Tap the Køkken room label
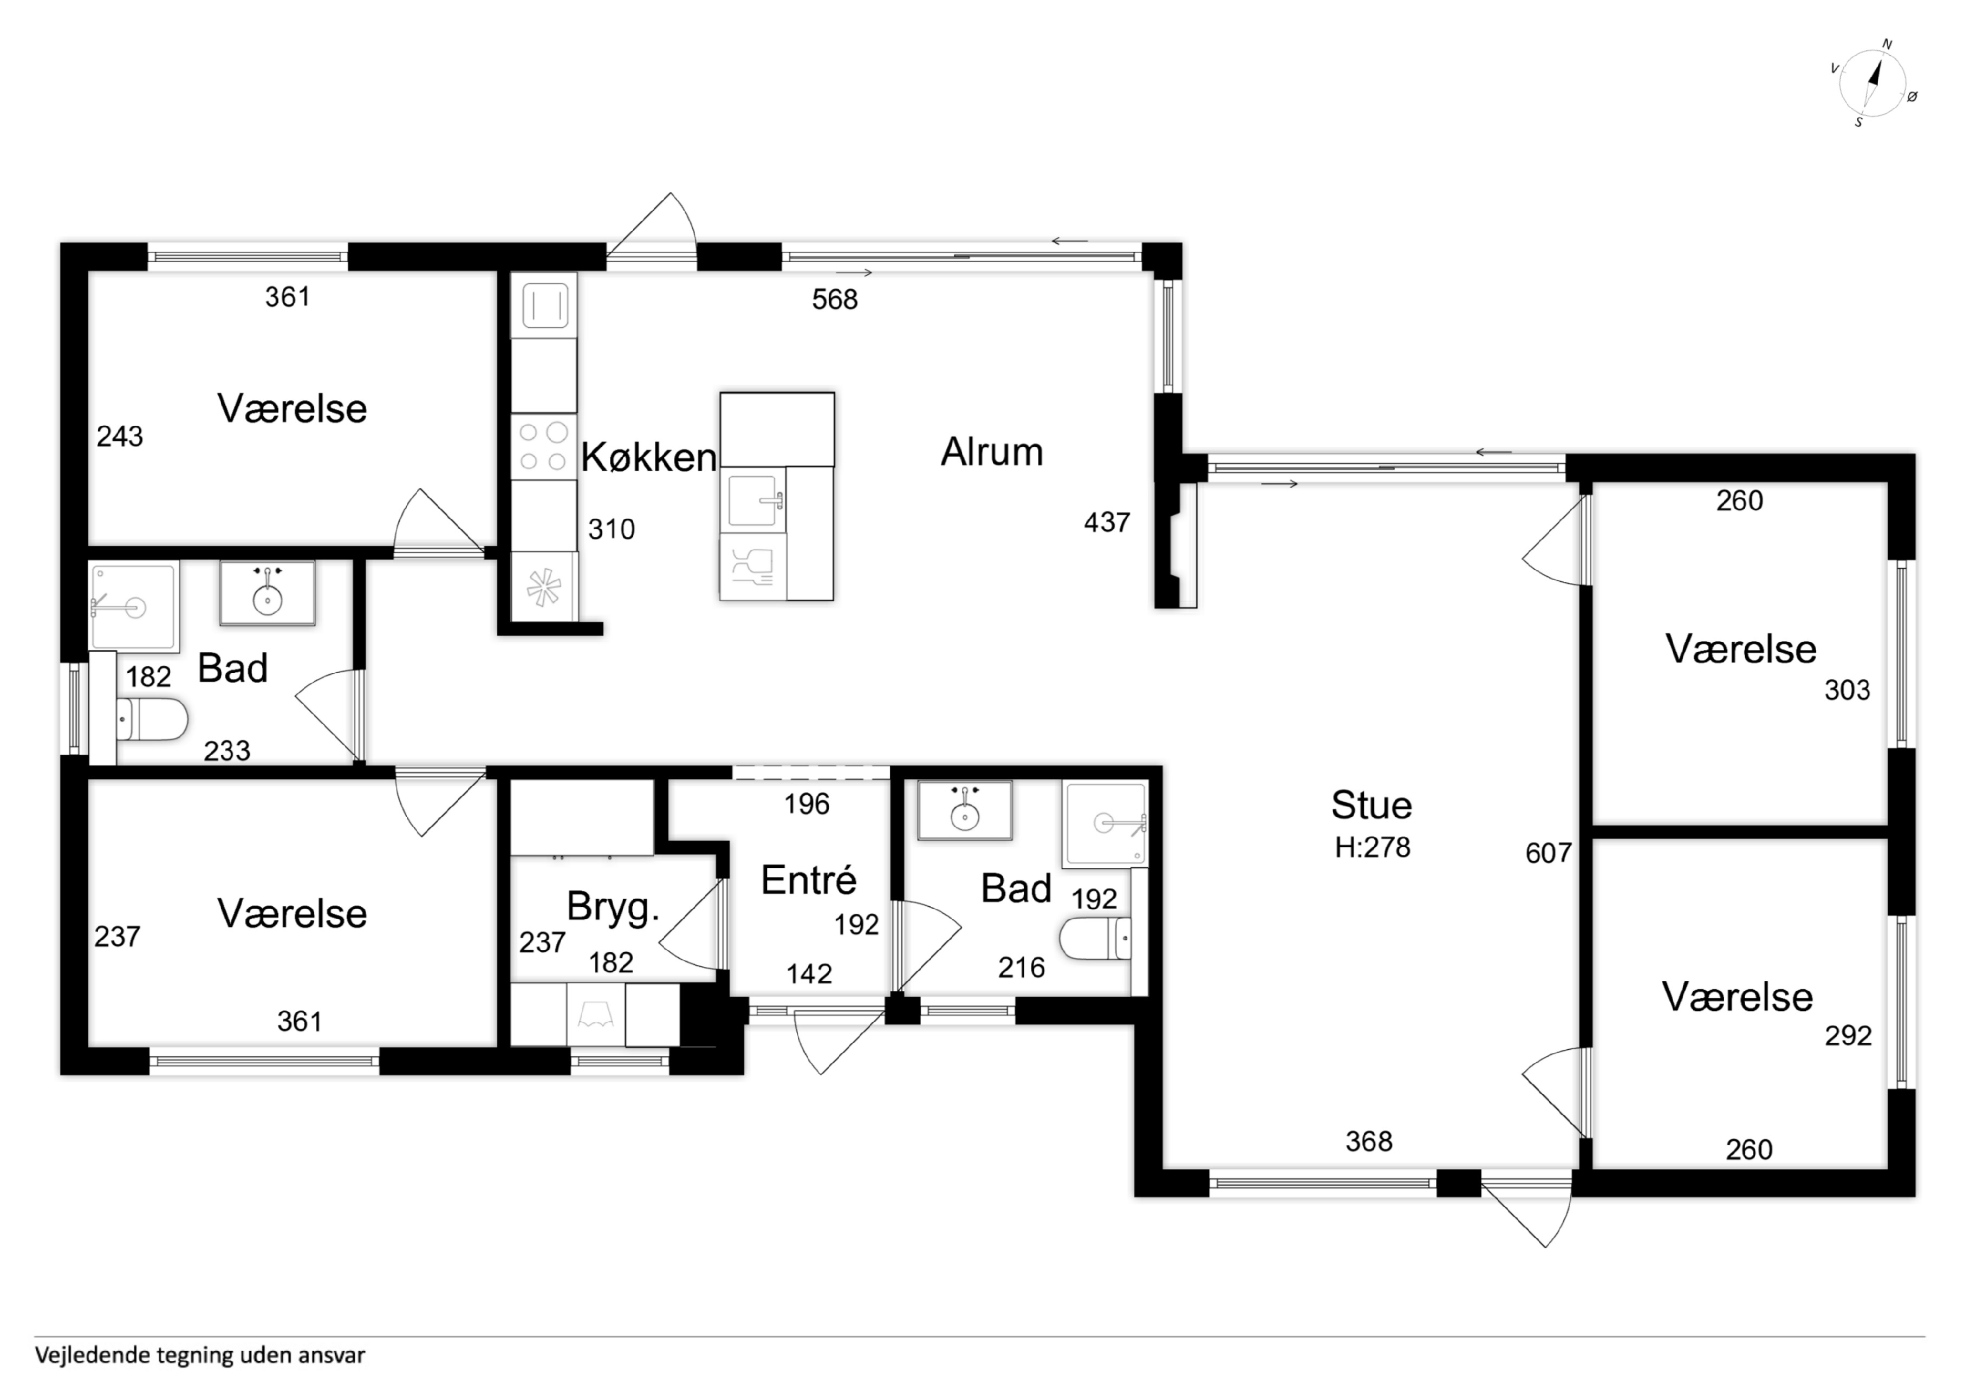pyautogui.click(x=649, y=457)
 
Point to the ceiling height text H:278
pyautogui.click(x=1372, y=847)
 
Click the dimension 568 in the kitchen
pyautogui.click(x=835, y=300)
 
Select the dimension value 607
pyautogui.click(x=1548, y=853)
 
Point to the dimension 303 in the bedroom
pyautogui.click(x=1847, y=690)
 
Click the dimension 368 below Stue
pyautogui.click(x=1368, y=1141)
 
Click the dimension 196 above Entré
pyautogui.click(x=807, y=804)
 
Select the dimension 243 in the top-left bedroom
pyautogui.click(x=120, y=437)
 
